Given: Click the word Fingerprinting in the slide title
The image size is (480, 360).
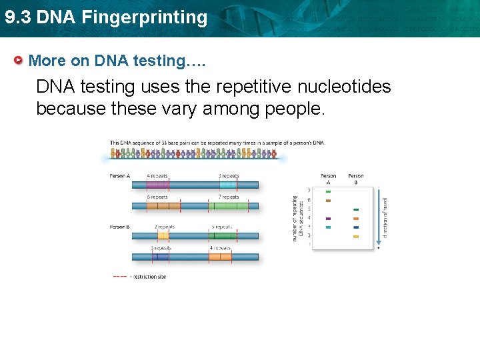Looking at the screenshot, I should [145, 17].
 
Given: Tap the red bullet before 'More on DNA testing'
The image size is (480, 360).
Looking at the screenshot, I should [19, 61].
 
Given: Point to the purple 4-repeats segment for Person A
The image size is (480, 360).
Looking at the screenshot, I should [157, 185].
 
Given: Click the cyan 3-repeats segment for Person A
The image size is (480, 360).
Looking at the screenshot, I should [229, 185].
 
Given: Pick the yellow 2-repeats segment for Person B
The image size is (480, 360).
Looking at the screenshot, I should [163, 235].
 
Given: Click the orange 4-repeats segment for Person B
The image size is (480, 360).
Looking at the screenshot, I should [220, 257].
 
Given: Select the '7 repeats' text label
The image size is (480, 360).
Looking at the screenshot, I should [228, 197].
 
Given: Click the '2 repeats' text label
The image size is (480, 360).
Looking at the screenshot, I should [164, 227].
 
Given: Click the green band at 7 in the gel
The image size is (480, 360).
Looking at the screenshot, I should [328, 191].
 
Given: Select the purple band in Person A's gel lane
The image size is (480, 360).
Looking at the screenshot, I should [328, 218].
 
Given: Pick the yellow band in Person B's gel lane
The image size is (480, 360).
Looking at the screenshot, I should [356, 236].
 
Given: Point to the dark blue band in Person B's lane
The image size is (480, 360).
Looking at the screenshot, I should [356, 227].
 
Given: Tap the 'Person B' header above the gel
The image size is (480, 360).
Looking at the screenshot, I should [356, 179].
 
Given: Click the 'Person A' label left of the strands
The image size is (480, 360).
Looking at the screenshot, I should [119, 176].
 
